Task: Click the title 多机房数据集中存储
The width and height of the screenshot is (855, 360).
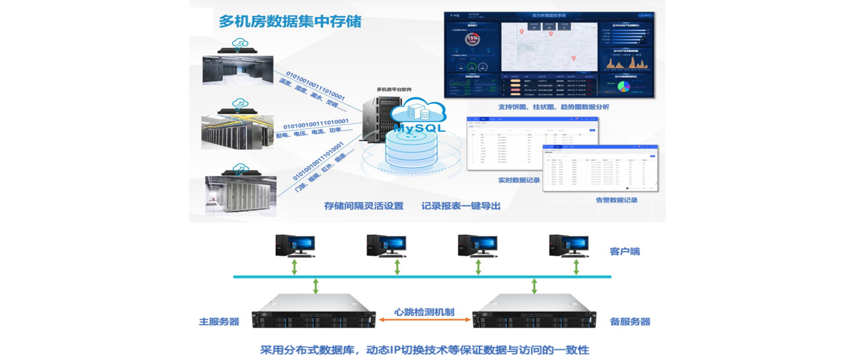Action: point(290,21)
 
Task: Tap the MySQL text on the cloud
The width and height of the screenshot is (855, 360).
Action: point(419,128)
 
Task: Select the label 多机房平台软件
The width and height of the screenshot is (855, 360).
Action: point(394,90)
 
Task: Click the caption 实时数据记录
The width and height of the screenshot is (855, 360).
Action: point(518,180)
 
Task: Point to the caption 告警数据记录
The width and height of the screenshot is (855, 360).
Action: point(616,200)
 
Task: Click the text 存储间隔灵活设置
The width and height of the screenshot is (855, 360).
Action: point(364,206)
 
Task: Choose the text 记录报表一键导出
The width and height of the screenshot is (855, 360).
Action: point(461,206)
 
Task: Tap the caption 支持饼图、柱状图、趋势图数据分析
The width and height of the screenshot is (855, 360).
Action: point(553,107)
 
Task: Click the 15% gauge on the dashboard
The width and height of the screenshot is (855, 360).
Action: point(472,39)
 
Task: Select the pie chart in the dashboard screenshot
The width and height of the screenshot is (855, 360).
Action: point(624,87)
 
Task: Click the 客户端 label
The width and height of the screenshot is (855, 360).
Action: point(625,251)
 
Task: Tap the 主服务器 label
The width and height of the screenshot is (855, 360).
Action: point(219,321)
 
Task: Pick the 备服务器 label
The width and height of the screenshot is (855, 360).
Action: point(630,321)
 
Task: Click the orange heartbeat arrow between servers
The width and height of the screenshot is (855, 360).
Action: point(424,319)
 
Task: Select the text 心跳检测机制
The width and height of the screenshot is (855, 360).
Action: point(424,311)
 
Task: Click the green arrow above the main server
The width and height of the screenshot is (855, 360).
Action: point(315,286)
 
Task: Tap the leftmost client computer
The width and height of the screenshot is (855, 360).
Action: point(295,246)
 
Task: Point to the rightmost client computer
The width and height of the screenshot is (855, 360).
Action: point(568,246)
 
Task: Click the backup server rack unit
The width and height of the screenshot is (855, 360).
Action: point(534,313)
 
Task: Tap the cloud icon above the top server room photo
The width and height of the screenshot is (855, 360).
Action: point(240,44)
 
